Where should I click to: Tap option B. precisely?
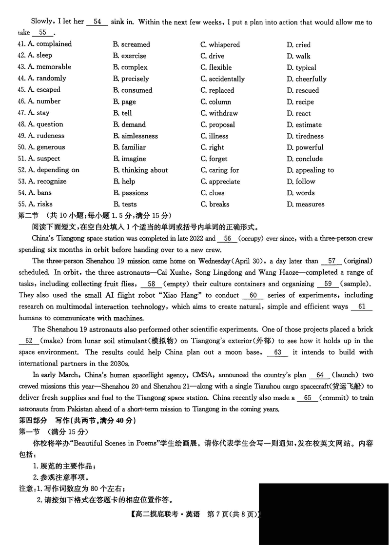coord(131,79)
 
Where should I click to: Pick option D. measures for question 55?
coord(305,204)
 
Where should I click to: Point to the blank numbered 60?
coord(253,295)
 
